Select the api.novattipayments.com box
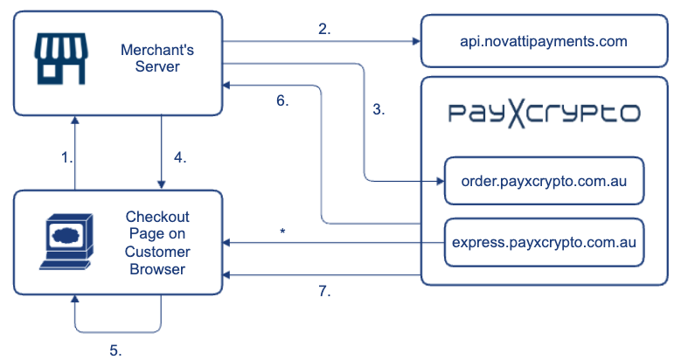tap(544, 40)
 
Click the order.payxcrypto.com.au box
tap(543, 180)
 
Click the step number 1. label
tap(66, 158)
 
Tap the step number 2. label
tap(324, 29)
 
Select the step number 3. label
tap(378, 110)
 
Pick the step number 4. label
tap(179, 158)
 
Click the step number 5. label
tap(115, 350)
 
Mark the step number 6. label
tap(282, 100)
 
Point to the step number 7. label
tap(324, 292)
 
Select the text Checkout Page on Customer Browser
tap(157, 242)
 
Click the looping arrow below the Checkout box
tap(118, 329)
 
